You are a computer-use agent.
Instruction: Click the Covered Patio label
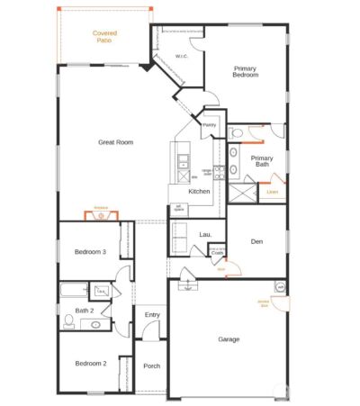pos(105,36)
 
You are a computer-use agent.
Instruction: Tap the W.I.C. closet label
pos(180,56)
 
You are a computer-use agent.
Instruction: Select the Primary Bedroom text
pos(246,72)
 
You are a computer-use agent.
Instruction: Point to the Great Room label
pos(116,142)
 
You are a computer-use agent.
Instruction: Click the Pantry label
pos(209,125)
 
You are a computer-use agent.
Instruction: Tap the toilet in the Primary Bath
pos(236,133)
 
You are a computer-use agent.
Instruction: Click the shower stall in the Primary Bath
pos(241,191)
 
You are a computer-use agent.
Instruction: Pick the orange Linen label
pos(272,191)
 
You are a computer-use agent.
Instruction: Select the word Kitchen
pos(199,191)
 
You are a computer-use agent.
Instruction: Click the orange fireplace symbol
pos(100,215)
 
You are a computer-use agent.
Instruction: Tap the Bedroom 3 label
pos(91,252)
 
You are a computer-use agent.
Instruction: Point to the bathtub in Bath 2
pos(73,290)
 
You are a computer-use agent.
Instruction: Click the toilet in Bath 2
pos(68,321)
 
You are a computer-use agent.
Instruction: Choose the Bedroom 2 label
pos(91,363)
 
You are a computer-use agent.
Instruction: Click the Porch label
pos(151,365)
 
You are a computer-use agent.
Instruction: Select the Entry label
pos(151,314)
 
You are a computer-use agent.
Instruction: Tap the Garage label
pos(229,339)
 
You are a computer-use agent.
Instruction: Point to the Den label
pos(256,240)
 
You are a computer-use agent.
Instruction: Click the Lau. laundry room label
pos(205,235)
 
